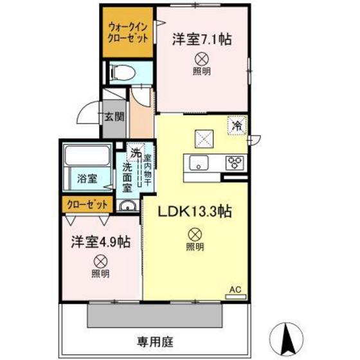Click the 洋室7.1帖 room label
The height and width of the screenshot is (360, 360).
click(201, 39)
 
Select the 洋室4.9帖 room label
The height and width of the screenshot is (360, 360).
click(100, 242)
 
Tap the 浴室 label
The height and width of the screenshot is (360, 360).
click(87, 178)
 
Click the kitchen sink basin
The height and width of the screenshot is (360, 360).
click(199, 164)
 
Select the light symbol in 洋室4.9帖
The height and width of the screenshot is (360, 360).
click(100, 261)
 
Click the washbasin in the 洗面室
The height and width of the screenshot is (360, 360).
click(128, 207)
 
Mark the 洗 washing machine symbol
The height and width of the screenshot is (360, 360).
click(136, 153)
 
